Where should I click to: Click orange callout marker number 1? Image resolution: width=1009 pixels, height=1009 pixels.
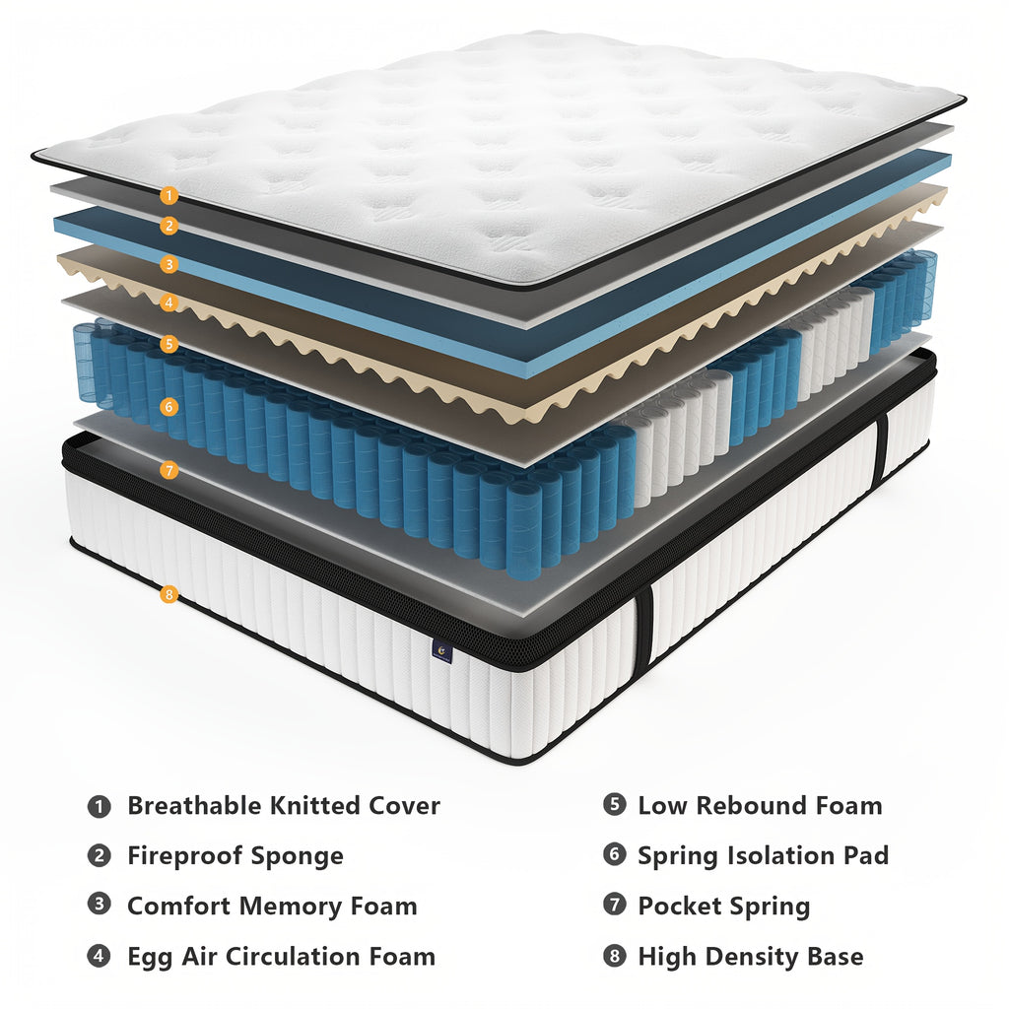(169, 195)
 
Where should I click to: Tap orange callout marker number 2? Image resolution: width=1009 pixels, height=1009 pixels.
(169, 227)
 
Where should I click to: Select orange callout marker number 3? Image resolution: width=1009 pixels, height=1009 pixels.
(169, 264)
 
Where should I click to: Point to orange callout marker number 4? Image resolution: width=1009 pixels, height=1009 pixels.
(169, 303)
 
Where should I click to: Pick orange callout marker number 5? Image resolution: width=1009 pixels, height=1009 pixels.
(169, 344)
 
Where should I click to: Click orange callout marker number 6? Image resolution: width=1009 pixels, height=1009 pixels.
(169, 406)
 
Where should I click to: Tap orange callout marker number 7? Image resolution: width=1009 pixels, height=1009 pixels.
(169, 470)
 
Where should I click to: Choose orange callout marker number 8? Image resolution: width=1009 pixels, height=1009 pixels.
(169, 594)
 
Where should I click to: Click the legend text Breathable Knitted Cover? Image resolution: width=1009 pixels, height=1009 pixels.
(283, 806)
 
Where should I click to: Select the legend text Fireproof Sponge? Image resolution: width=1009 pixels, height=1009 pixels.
(235, 856)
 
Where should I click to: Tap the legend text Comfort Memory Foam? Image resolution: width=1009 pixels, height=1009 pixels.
(271, 907)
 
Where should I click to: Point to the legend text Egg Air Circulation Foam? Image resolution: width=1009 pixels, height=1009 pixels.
(281, 957)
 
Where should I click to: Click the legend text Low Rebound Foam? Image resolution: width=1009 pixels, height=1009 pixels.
(760, 806)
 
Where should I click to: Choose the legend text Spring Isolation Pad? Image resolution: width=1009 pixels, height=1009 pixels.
(763, 856)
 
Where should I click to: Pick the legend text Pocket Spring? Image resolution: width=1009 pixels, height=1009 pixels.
(723, 907)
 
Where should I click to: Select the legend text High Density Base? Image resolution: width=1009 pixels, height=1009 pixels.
(750, 957)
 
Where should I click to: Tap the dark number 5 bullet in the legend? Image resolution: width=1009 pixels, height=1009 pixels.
(615, 805)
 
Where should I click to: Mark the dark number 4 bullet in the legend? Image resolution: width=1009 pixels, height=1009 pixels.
(99, 956)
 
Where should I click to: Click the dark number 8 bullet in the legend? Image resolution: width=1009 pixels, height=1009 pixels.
(615, 956)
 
